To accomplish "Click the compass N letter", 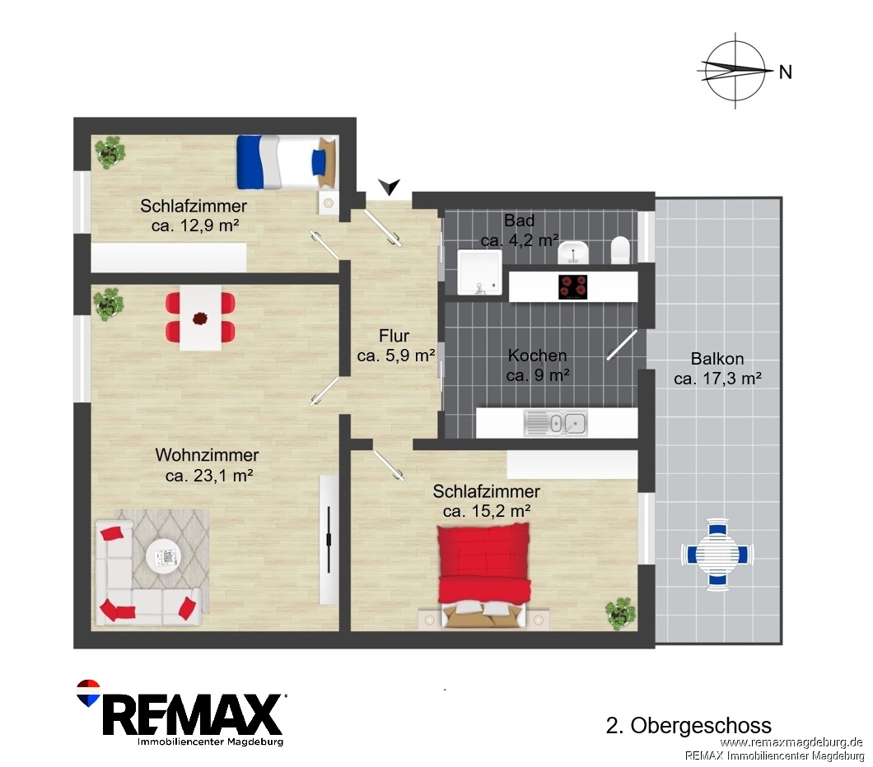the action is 785,72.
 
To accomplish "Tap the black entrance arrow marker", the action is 389,186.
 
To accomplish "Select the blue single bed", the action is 287,162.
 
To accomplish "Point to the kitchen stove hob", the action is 573,287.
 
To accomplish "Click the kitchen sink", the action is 556,423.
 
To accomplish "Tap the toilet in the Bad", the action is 620,249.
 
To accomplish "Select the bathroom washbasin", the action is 573,253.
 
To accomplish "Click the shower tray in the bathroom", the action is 479,272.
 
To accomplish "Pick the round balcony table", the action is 717,554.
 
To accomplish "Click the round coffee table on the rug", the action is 163,555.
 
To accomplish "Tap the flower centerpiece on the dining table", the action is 200,318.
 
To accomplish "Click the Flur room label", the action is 394,336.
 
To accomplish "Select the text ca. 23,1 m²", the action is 209,476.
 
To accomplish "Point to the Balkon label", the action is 717,359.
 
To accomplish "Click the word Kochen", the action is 537,356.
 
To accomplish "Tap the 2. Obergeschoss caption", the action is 689,725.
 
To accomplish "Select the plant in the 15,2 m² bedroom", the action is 621,613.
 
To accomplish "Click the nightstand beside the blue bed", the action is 329,202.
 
